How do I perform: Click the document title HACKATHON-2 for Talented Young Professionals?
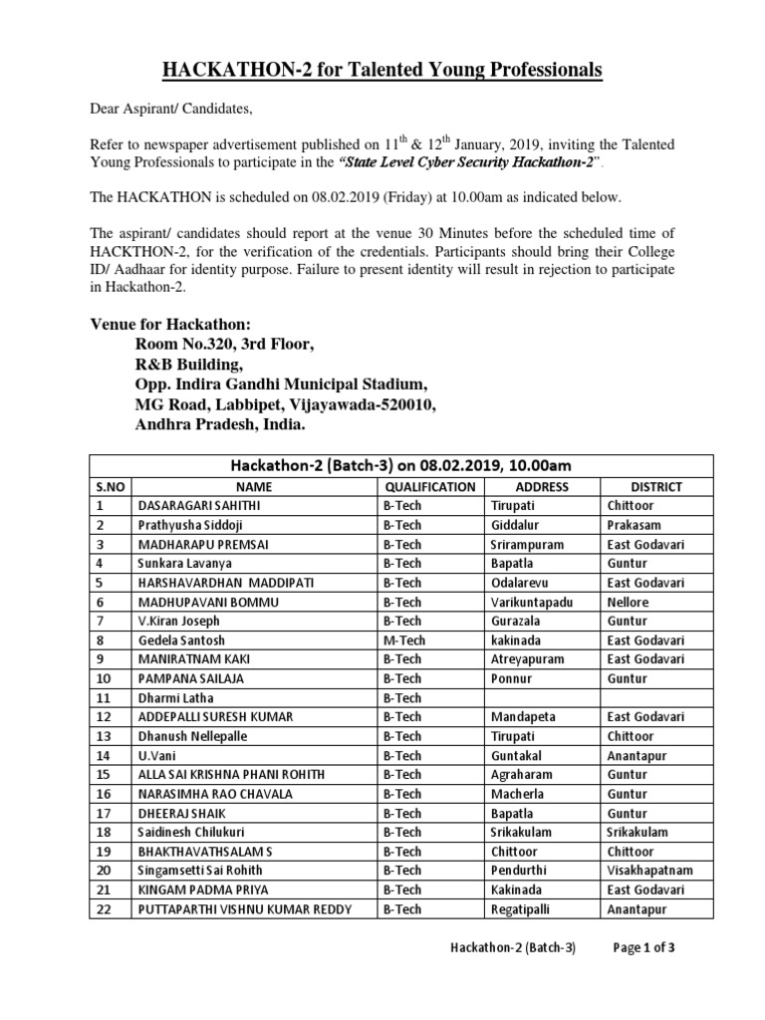382,70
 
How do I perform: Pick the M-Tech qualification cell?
404,640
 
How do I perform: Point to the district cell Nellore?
628,603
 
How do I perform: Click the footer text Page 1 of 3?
643,948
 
